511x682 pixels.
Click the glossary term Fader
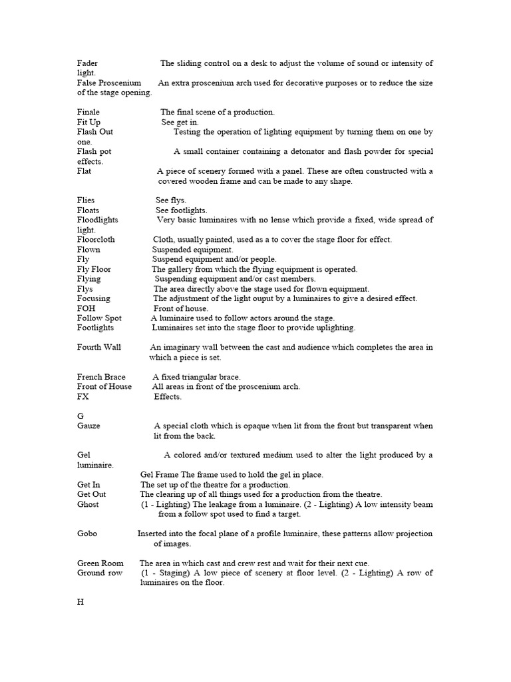coord(87,63)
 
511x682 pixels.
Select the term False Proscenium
coord(109,83)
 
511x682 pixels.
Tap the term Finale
coord(88,113)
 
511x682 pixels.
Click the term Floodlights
coord(98,220)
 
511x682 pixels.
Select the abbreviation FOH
coord(86,309)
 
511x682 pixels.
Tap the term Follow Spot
coord(99,318)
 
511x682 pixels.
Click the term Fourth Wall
coord(99,348)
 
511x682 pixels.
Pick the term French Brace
coord(101,377)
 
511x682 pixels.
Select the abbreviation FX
coord(83,397)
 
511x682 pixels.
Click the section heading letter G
coord(81,416)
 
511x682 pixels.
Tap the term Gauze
coord(88,426)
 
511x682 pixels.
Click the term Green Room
coord(100,563)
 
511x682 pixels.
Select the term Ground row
coord(100,573)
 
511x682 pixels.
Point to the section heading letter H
coord(81,602)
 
